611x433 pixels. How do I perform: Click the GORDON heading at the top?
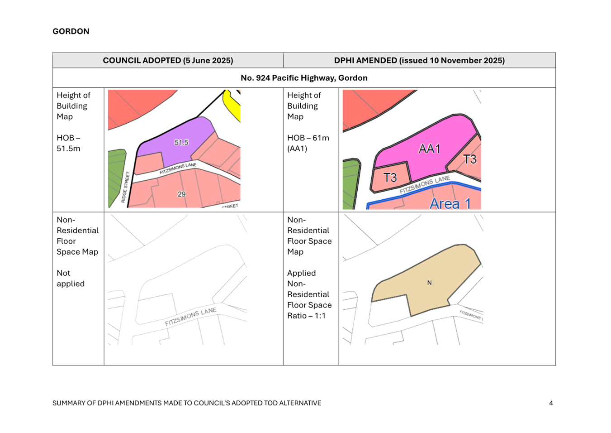71,31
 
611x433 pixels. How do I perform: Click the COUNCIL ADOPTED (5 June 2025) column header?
168,60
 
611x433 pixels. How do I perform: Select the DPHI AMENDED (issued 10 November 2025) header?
419,60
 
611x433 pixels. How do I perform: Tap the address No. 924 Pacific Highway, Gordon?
304,78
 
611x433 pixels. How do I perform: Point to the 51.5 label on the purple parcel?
181,142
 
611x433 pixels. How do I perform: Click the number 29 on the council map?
181,194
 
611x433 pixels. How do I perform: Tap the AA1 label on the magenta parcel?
429,149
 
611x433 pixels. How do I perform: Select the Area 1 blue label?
450,203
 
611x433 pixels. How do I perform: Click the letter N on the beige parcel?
429,283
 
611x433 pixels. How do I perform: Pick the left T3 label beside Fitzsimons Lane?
390,178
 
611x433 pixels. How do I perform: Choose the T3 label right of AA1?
470,159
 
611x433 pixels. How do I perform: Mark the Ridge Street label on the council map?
126,187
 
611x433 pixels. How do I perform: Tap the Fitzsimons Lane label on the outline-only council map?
190,317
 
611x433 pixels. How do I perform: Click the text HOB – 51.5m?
69,143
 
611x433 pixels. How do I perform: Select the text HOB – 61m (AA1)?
308,143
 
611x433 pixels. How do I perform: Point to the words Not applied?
70,278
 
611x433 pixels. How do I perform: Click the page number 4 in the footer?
551,403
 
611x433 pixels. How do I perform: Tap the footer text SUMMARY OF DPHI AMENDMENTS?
187,403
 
